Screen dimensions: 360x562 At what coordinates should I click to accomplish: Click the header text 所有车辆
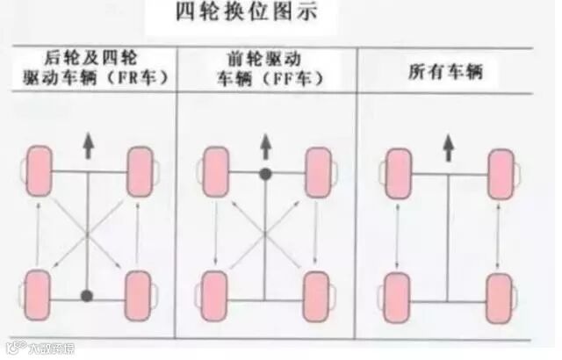coord(445,72)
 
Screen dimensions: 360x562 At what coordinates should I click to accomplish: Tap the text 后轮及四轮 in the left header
coord(87,59)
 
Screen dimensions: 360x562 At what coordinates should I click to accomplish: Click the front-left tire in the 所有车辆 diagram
coord(398,169)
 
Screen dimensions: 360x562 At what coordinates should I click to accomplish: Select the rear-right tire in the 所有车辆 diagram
coord(500,294)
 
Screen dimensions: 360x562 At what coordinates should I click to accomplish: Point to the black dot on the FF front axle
coord(264,174)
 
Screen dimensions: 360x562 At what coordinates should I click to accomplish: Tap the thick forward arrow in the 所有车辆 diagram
coord(448,147)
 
